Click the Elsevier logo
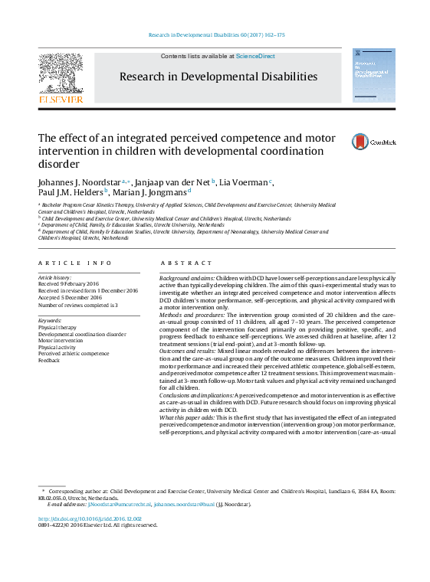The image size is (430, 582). pyautogui.click(x=61, y=77)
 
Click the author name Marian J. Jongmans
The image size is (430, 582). pyautogui.click(x=154, y=193)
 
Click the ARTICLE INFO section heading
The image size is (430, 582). pyautogui.click(x=74, y=263)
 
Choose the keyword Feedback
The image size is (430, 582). pyautogui.click(x=49, y=360)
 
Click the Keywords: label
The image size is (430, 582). pyautogui.click(x=50, y=320)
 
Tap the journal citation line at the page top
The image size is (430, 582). pyautogui.click(x=215, y=35)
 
